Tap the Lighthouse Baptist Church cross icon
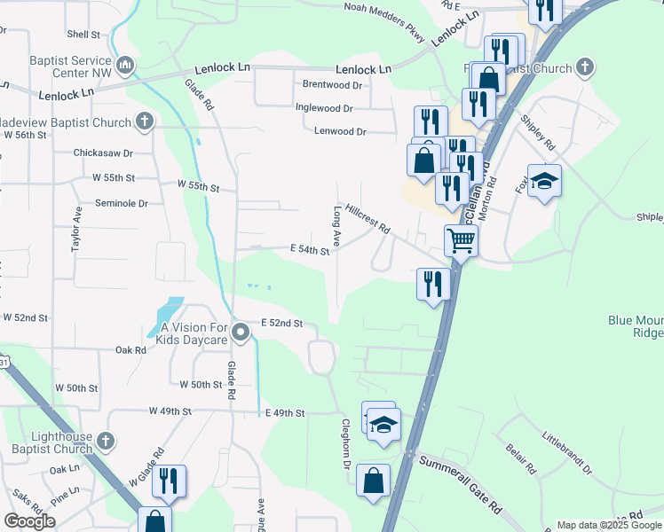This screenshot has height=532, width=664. [x=105, y=440]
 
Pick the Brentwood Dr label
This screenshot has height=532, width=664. [x=332, y=85]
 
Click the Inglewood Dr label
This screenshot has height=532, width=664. [x=324, y=108]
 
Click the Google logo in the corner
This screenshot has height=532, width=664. [x=29, y=521]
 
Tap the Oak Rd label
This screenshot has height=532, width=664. [x=130, y=350]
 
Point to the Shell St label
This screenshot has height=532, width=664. [x=83, y=35]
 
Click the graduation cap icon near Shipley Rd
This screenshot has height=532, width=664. [x=544, y=182]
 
